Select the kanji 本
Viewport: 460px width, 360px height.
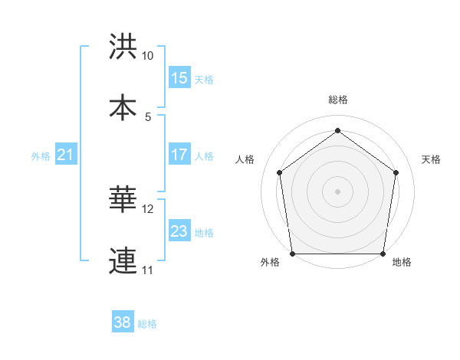coord(123,107)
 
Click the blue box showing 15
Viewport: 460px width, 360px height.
coord(179,78)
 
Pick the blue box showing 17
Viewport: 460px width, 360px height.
coord(179,155)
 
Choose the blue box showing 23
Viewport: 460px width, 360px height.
coord(179,231)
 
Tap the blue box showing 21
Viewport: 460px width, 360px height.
coord(66,155)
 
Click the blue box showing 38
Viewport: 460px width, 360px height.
coord(123,322)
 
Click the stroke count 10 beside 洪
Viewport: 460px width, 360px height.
coord(148,56)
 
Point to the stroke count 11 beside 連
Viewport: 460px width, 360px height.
coord(147,270)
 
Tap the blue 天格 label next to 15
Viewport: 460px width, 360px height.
coord(204,80)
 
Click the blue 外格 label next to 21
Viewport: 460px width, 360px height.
coord(41,156)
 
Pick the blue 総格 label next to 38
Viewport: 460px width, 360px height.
coord(147,324)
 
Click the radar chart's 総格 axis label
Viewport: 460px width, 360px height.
coord(338,100)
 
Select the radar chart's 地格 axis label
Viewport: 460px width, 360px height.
coord(402,263)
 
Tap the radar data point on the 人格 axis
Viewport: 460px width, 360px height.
coord(280,172)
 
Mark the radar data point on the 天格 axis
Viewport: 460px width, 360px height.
coord(396,172)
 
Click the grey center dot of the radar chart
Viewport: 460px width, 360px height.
coord(338,191)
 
